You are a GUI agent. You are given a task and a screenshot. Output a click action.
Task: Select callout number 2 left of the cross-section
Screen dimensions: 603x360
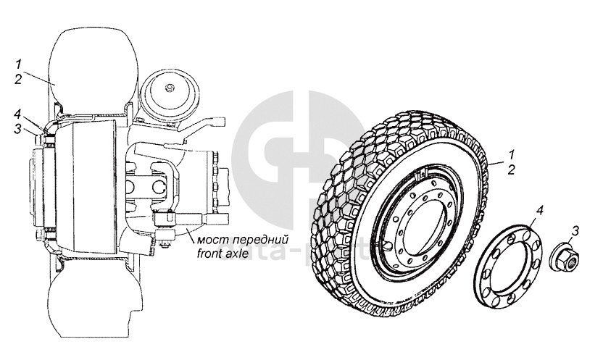click(17, 79)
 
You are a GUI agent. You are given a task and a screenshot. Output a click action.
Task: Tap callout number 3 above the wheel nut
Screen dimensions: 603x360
click(575, 231)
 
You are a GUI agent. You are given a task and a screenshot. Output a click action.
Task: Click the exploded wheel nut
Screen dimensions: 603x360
click(562, 256)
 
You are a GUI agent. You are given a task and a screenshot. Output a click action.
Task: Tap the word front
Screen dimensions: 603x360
click(210, 254)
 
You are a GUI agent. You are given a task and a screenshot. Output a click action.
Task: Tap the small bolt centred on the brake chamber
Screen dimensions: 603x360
click(169, 88)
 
